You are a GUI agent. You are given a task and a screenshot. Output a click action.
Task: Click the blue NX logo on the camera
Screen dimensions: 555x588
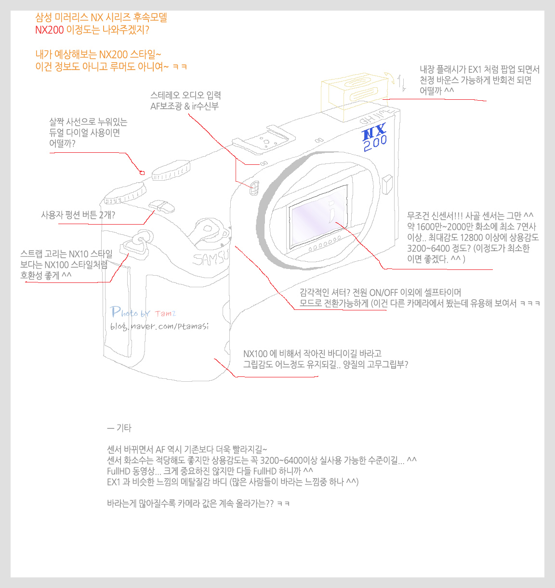coord(374,131)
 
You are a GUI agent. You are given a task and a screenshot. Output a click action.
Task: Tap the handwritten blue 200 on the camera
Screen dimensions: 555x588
coord(375,143)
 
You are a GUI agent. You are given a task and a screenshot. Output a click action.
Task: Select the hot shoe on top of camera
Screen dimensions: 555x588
coord(264,140)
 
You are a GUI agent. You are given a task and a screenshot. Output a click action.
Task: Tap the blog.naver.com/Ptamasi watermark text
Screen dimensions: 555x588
coord(159,326)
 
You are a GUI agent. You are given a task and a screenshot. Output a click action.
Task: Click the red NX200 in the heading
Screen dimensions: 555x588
coord(50,30)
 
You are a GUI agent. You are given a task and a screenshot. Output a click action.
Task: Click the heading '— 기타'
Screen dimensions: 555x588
coord(119,428)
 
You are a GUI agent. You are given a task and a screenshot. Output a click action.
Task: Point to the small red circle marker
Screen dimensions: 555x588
coord(142,173)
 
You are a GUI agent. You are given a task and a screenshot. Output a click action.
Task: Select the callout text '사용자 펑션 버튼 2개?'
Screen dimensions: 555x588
coord(78,215)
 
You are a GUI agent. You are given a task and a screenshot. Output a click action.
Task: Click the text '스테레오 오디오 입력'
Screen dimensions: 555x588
coord(185,95)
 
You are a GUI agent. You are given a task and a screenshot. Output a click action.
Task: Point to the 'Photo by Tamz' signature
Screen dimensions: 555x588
coord(143,312)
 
